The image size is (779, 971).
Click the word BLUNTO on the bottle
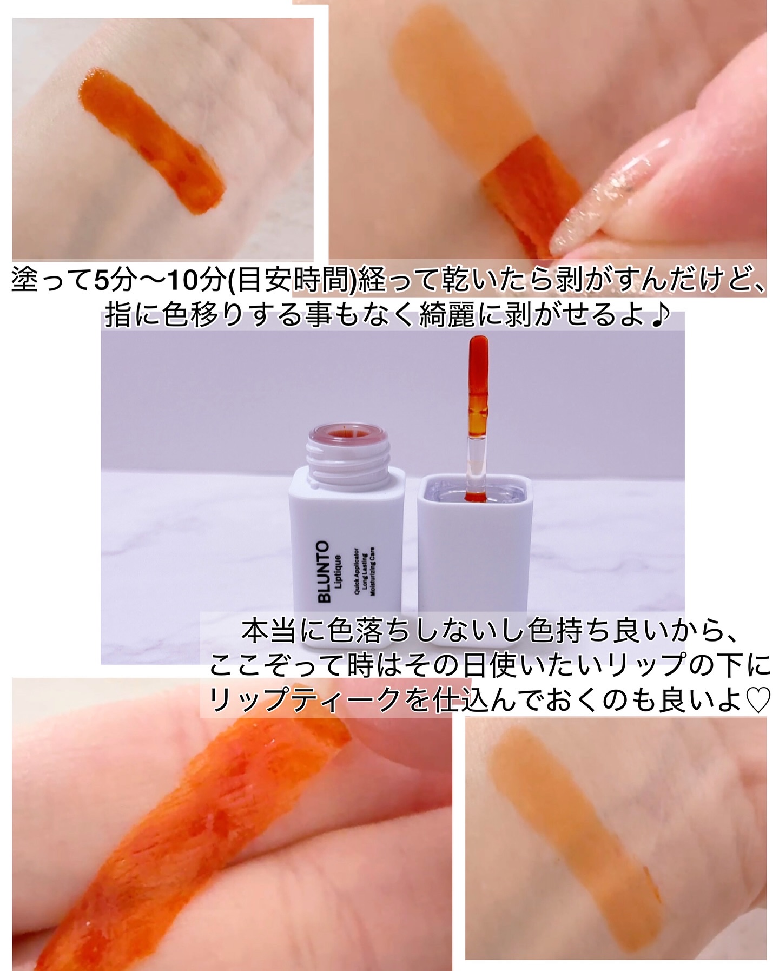pyautogui.click(x=324, y=572)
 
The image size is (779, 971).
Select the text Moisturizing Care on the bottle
pyautogui.click(x=373, y=571)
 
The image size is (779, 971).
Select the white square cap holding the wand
pyautogui.click(x=474, y=557)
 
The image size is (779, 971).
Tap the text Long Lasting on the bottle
pyautogui.click(x=365, y=574)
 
